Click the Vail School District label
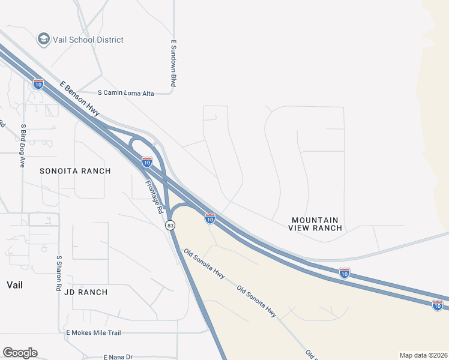click(x=88, y=40)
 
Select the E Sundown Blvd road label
click(x=173, y=64)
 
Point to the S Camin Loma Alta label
click(x=125, y=93)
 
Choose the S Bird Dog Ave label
click(x=23, y=145)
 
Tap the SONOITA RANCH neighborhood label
click(x=75, y=171)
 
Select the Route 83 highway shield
click(x=171, y=225)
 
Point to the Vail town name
click(x=14, y=284)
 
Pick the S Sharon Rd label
click(x=59, y=274)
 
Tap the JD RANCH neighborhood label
click(x=85, y=292)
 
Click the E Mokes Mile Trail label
click(x=93, y=332)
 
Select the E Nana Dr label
click(x=118, y=357)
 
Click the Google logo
click(x=20, y=353)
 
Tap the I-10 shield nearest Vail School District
click(x=38, y=84)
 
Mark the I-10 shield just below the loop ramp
click(x=147, y=161)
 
